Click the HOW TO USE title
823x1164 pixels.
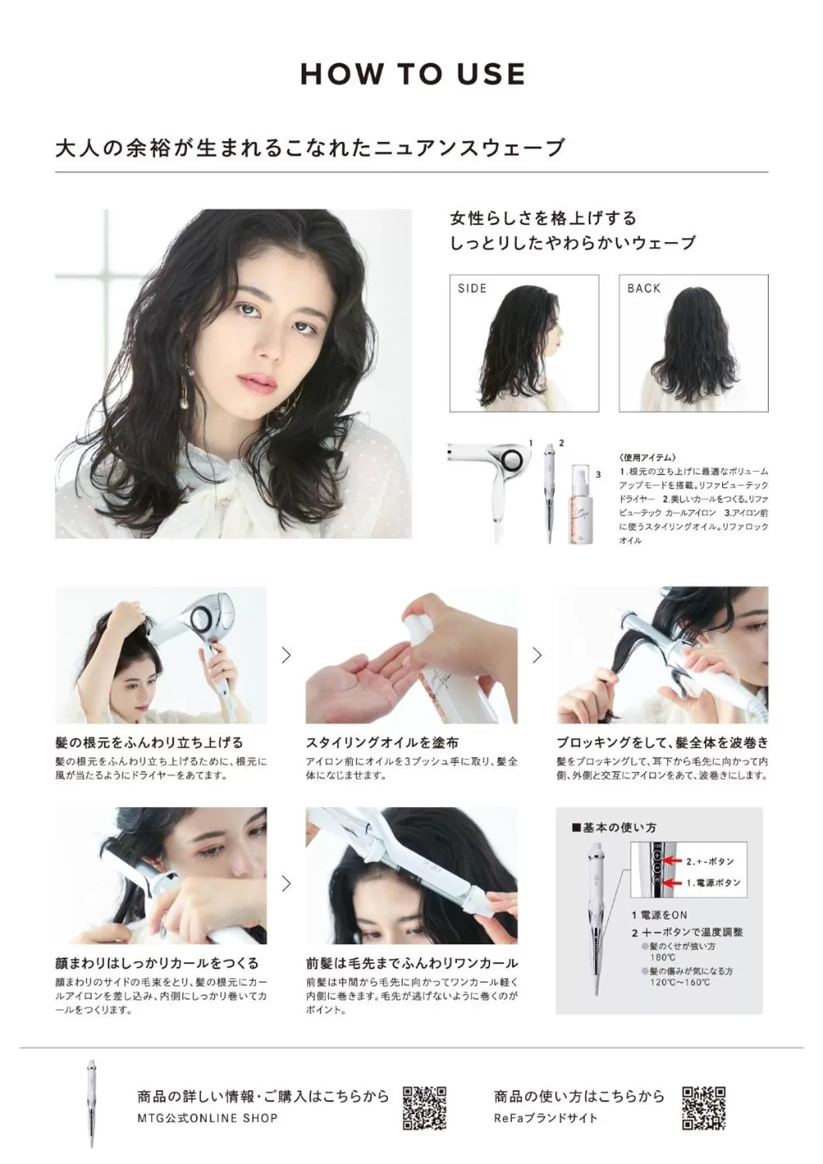pos(412,74)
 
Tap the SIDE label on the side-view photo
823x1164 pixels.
pos(472,288)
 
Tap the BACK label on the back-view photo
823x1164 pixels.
pos(644,288)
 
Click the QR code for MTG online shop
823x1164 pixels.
pos(424,1108)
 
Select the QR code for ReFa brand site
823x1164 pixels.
pos(704,1108)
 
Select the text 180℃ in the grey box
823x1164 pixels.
pos(663,958)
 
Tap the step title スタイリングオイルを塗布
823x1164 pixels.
pos(382,743)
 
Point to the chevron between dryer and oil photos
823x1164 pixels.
pos(286,656)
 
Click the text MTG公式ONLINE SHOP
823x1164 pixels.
pos(208,1118)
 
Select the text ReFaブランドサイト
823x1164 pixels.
pos(546,1118)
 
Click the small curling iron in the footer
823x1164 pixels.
pos(92,1104)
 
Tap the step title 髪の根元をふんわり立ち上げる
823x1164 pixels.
pos(149,743)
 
